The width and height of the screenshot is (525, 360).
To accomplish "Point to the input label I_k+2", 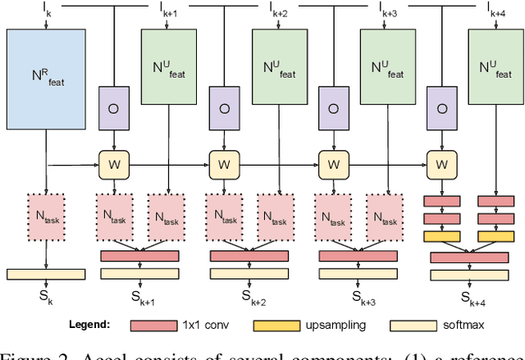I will pos(277,9).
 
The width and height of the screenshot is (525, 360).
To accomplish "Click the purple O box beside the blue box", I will pos(110,109).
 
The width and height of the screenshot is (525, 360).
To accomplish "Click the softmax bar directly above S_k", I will pos(46,274).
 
